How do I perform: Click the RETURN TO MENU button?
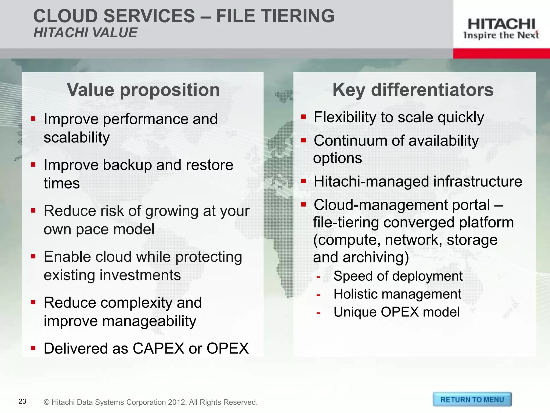coord(472,400)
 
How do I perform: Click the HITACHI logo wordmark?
coord(501,24)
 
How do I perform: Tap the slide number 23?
coord(22,401)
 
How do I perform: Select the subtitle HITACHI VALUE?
coord(85,33)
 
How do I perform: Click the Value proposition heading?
coord(143,90)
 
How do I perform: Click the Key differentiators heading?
coord(413,90)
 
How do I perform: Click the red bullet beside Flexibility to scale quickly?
coord(303,117)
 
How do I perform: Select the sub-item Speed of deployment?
coord(398,276)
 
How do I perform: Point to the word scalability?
coord(77,138)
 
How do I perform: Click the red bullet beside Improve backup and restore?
coord(33,165)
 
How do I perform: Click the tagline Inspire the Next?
coord(501,35)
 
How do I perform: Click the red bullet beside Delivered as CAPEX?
coord(33,348)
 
